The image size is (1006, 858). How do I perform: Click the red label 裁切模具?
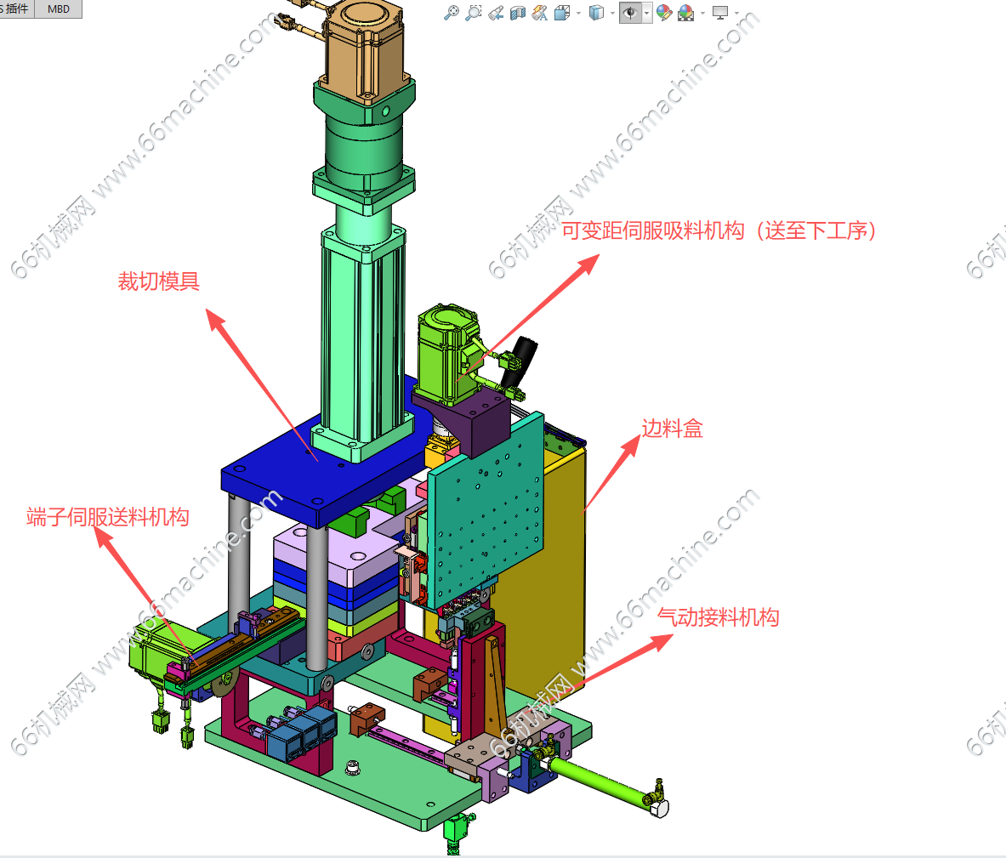158,281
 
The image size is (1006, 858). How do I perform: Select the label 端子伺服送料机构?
108,517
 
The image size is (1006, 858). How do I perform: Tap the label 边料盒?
673,428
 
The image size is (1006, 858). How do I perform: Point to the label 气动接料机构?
719,617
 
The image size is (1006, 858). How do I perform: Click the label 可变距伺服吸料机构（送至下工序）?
719,230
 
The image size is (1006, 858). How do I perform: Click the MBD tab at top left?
59,9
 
